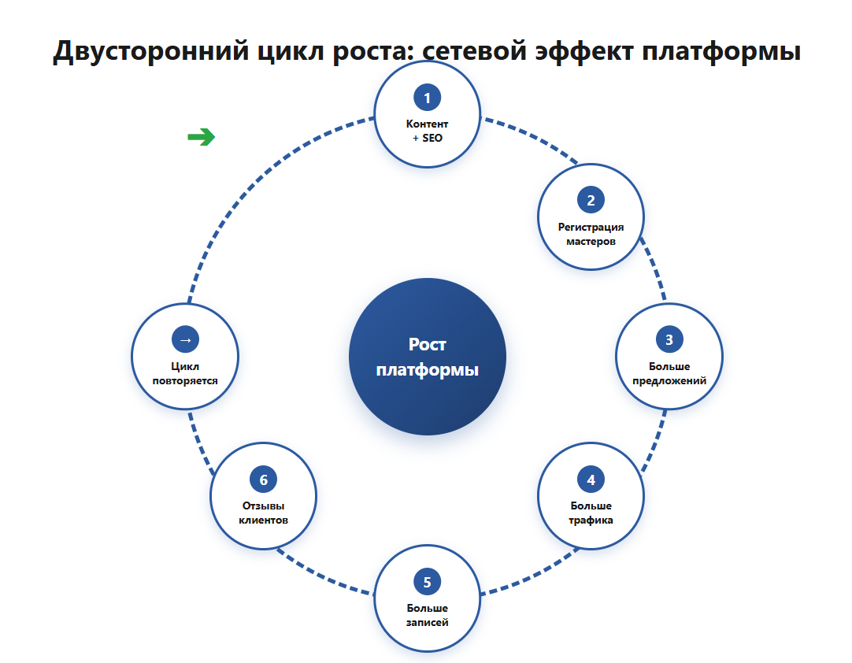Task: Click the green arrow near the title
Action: pos(201,137)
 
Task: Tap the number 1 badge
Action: pos(427,98)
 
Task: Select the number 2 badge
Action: pos(591,200)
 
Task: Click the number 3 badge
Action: pos(669,339)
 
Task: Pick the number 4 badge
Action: pos(591,480)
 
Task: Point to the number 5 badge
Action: pos(427,582)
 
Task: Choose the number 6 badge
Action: pos(264,480)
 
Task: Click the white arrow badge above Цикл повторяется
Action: pos(185,339)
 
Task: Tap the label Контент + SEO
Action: pos(427,131)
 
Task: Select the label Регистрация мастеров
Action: pos(591,234)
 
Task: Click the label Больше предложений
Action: pos(669,373)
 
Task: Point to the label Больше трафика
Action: pos(591,513)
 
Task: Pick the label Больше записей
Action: pos(427,615)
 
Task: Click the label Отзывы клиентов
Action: pos(264,513)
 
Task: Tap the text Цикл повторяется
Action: pos(185,373)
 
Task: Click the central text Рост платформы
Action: pos(427,357)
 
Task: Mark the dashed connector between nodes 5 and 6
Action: pos(324,575)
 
